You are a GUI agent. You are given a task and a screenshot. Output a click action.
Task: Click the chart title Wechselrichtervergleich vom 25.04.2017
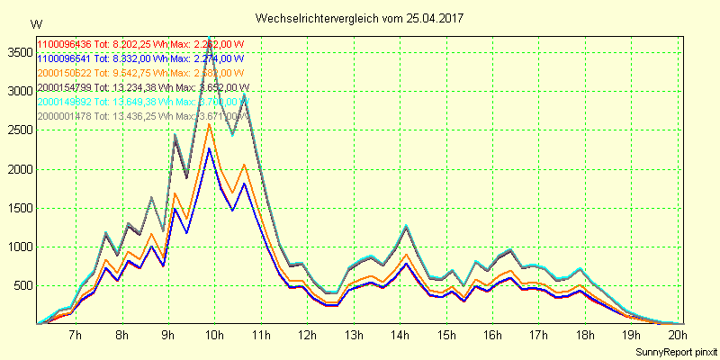point(360,18)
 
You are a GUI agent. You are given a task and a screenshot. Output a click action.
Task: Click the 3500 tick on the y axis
point(17,52)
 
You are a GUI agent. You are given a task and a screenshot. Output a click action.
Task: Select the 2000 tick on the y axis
point(17,169)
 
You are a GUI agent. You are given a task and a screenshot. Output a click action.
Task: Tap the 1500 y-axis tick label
point(17,208)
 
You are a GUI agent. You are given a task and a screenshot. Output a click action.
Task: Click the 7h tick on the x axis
point(76,336)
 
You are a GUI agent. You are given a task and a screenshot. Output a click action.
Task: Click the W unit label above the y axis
point(36,23)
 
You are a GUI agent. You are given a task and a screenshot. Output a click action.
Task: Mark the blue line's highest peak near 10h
point(209,148)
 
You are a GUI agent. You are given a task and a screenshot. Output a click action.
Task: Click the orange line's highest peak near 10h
point(209,124)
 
